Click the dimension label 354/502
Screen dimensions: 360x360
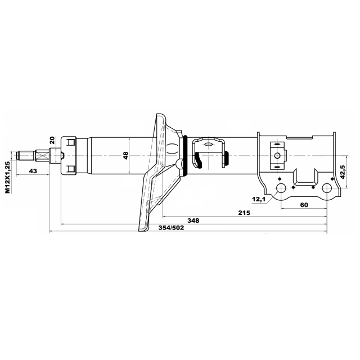coord(171,228)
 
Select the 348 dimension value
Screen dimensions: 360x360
coord(193,220)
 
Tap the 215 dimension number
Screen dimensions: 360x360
coord(244,213)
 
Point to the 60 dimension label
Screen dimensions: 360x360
coord(304,205)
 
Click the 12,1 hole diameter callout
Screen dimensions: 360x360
coord(259,199)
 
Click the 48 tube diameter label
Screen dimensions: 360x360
coord(125,155)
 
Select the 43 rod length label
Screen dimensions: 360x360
coord(33,171)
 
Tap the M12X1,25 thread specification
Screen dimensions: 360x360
coord(7,177)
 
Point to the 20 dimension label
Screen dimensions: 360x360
coord(52,140)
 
